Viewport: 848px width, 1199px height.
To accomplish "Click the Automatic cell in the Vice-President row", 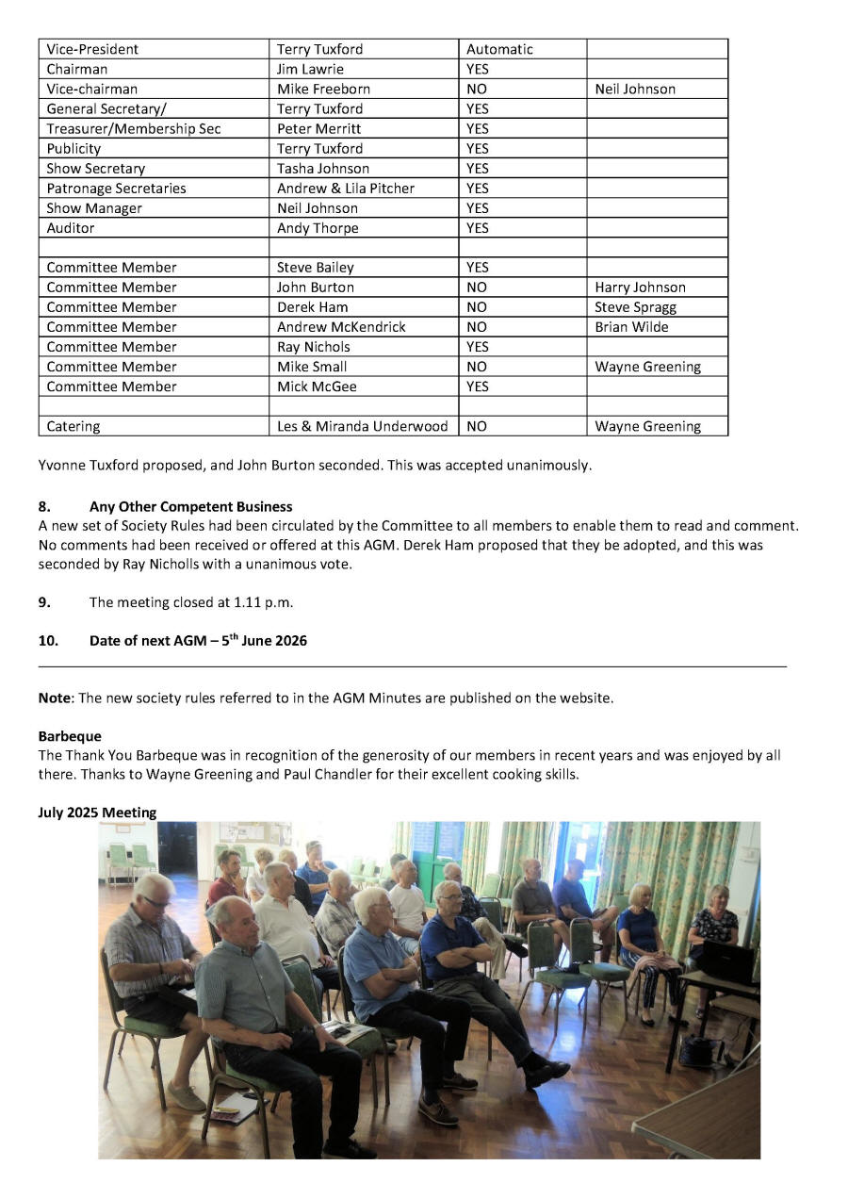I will [x=499, y=49].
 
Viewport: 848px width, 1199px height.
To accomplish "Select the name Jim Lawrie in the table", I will [x=310, y=69].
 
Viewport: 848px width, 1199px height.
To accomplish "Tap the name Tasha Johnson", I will [x=323, y=169].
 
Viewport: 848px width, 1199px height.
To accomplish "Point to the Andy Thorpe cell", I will [x=318, y=228].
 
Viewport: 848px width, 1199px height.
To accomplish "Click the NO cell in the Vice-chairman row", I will [x=477, y=89].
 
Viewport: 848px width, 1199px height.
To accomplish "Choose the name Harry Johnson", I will [x=640, y=287].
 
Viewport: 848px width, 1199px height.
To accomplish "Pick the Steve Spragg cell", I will [x=635, y=307].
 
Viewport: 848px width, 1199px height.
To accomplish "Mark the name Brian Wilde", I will [x=631, y=327].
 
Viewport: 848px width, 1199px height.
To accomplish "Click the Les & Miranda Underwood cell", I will [x=362, y=426].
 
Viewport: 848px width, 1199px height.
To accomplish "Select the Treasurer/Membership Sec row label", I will [x=134, y=128].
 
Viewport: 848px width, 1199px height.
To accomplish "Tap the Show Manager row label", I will [x=94, y=208].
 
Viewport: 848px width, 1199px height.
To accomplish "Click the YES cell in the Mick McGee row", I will [x=478, y=386].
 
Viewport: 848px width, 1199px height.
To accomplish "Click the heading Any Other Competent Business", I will [x=190, y=506].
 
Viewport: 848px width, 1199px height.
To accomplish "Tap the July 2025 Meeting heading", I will [x=97, y=813].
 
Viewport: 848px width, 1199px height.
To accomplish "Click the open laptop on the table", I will [x=728, y=961].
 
